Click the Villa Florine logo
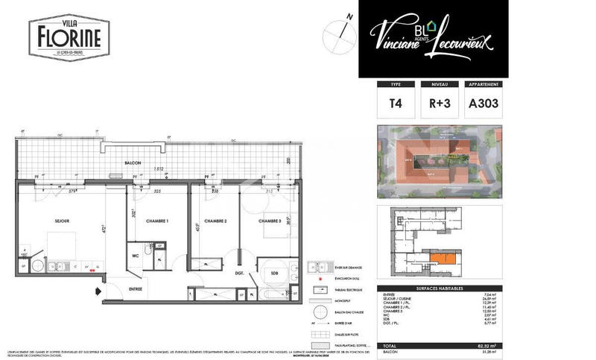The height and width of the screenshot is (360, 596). [69, 37]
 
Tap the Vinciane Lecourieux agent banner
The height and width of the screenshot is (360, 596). [433, 38]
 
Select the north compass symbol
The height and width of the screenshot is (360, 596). [338, 33]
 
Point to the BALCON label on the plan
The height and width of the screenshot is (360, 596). [134, 163]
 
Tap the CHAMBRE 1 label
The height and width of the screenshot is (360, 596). [156, 221]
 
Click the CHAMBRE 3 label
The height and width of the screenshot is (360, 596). [270, 221]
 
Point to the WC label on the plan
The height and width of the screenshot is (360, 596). [136, 254]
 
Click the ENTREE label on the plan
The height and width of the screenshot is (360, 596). [136, 288]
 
